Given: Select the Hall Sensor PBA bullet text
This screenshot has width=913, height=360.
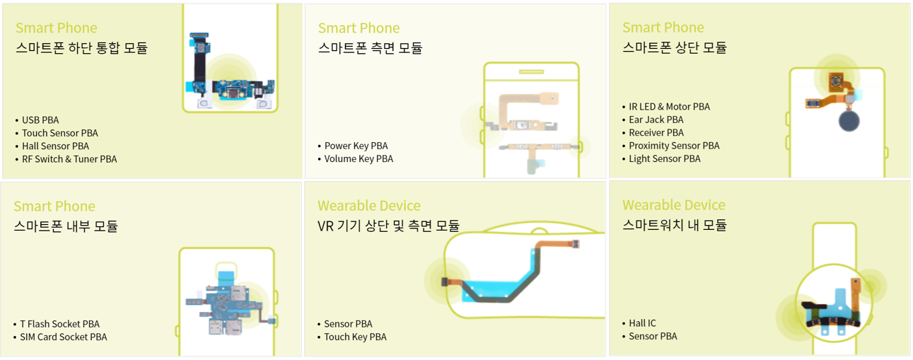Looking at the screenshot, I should [55, 146].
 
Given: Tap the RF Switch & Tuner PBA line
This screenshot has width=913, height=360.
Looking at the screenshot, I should [69, 159].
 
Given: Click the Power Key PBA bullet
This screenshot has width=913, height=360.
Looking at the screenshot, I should [356, 146].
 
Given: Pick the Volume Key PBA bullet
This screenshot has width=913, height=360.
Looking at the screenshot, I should [359, 159].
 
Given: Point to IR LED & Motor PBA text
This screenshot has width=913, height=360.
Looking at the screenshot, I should [669, 107].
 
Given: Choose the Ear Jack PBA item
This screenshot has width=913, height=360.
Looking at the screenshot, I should [656, 120].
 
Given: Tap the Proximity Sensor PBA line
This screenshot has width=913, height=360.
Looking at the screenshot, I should [674, 146].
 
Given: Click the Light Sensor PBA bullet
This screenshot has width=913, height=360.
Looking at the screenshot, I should [665, 159].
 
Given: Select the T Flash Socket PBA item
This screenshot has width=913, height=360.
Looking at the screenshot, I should [59, 324].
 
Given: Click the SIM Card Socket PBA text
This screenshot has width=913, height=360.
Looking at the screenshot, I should [63, 337].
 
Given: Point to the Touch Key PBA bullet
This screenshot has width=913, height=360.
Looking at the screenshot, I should [355, 337].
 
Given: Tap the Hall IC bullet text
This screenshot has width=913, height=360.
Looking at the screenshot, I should [642, 323].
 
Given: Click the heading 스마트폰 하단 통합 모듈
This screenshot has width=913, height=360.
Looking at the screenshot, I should [82, 48].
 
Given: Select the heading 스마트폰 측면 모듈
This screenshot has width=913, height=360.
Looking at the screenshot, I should [370, 48].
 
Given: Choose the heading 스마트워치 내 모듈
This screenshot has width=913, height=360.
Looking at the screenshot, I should [674, 226].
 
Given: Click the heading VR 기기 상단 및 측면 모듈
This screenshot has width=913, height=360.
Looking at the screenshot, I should [388, 226].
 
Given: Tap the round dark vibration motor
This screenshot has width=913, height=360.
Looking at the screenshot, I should [849, 121].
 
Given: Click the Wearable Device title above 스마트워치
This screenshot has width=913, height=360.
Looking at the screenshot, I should [673, 205].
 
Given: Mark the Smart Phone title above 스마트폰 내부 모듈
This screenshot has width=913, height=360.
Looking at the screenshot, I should [54, 207].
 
